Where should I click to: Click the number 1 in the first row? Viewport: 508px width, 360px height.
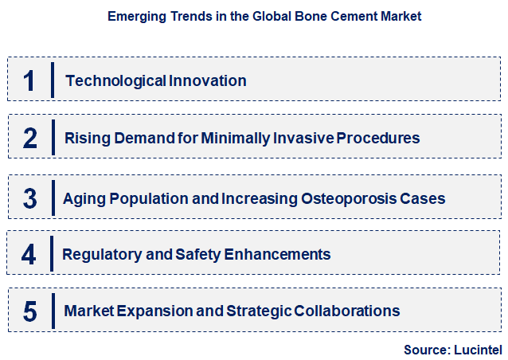point(29,80)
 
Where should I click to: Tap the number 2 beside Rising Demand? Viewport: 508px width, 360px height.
point(30,138)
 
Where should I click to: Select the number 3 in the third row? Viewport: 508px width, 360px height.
point(30,198)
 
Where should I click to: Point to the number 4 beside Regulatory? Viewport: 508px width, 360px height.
point(29,254)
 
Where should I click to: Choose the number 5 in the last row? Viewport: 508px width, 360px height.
point(30,311)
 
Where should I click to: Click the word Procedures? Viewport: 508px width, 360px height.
point(377,138)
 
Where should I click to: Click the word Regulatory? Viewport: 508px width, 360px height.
point(102,254)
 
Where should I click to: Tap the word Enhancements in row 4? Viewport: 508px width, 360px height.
point(279,254)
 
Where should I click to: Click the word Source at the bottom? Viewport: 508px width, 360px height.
point(426,349)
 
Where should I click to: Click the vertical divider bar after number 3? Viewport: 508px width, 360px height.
point(52,198)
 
